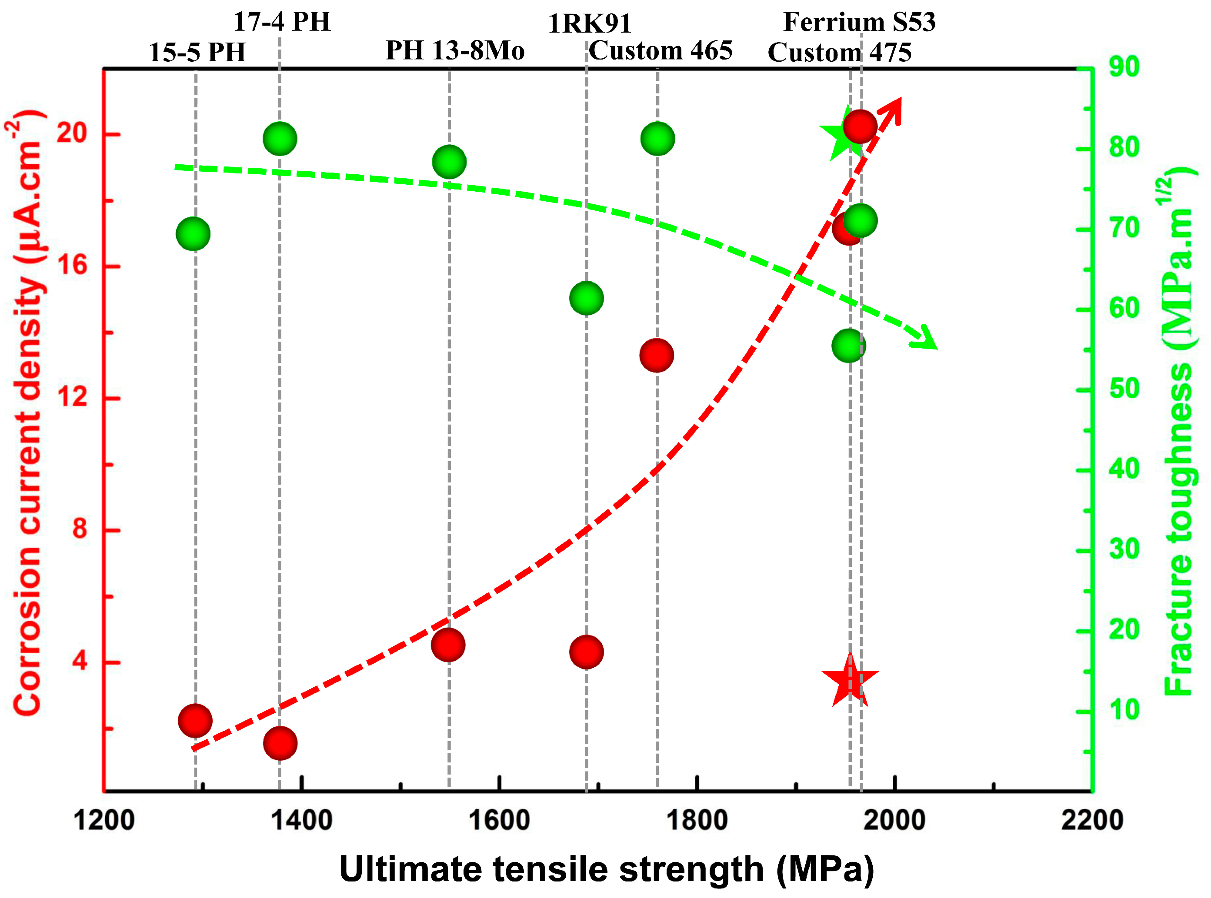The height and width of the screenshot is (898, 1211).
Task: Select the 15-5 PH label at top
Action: click(197, 53)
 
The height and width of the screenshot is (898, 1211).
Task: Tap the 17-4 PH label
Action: click(282, 22)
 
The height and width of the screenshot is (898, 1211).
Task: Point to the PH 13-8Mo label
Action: click(454, 50)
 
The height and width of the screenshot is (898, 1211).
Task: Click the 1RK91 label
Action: click(590, 24)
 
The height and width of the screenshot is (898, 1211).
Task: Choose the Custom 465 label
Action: click(661, 50)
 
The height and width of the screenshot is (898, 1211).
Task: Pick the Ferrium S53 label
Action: click(859, 22)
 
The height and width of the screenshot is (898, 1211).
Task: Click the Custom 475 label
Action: click(839, 53)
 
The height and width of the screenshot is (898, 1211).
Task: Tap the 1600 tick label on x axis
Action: click(499, 820)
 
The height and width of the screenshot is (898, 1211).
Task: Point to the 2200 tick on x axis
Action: click(1091, 820)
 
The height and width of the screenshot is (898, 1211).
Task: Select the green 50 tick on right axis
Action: click(1124, 389)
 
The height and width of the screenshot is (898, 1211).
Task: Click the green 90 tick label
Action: click(1124, 67)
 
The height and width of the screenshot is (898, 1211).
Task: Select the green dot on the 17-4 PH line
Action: click(280, 139)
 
